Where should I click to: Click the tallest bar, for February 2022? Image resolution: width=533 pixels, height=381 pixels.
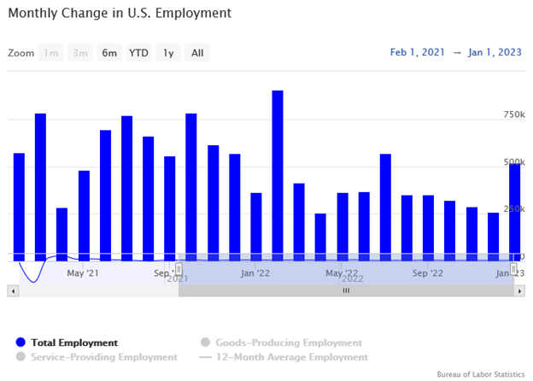pos(278,171)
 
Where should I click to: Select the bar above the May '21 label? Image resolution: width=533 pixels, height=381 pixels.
pos(84,214)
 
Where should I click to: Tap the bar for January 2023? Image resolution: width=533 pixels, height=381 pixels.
pos(514,209)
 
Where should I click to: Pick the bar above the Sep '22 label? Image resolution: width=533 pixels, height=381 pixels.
pos(428,226)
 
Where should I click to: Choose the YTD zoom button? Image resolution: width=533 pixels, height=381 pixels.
pos(138,53)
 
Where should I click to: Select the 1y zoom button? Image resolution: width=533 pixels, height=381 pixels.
pos(168,53)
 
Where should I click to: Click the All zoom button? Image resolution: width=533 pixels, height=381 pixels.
pos(197,53)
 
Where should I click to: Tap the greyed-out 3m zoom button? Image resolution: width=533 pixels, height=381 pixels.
pos(80,53)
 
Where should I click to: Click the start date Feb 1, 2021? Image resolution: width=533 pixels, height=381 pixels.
pos(418,53)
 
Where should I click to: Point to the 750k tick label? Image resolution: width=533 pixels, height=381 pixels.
pos(513,114)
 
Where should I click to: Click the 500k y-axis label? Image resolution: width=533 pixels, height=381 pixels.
pos(513,162)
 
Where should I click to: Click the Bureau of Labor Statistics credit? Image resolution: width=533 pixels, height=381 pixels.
pos(480,374)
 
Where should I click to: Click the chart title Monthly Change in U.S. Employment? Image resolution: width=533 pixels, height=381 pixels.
pos(120,15)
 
